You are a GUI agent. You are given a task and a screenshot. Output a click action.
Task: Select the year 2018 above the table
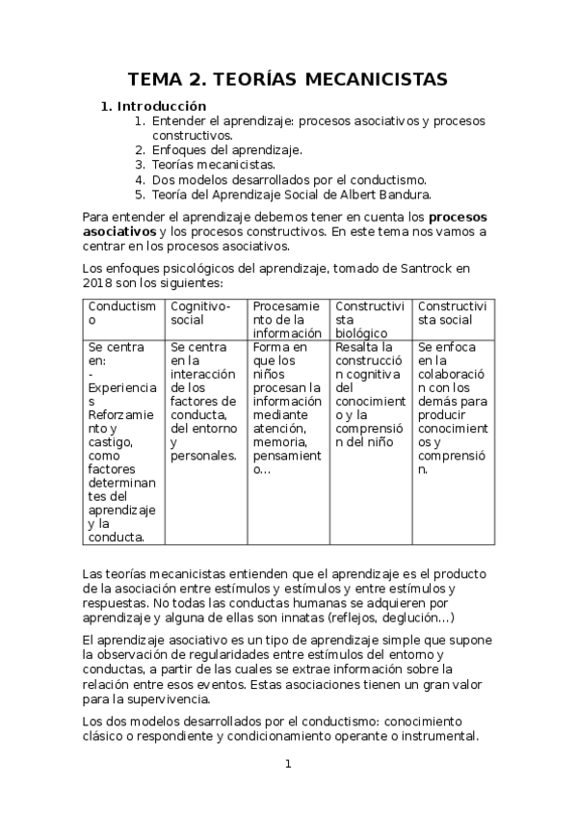pos(98,283)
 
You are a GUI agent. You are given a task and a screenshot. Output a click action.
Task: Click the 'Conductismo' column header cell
pos(123,313)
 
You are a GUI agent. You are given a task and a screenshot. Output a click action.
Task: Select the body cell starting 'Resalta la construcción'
pos(372,394)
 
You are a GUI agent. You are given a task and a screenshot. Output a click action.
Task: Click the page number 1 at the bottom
pos(287,765)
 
